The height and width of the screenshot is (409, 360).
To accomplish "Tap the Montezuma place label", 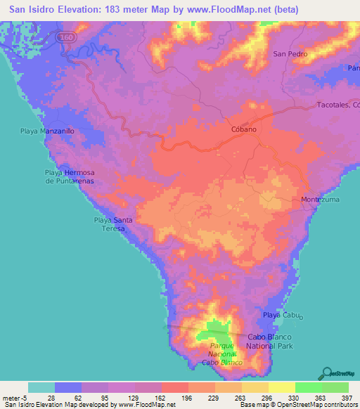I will (320, 200).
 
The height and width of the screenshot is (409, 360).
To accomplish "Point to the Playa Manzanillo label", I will (46, 131).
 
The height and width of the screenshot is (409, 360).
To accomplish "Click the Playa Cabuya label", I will (282, 316).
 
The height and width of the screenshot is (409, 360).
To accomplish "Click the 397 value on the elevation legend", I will (345, 398).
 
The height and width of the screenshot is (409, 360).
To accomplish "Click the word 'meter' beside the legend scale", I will (12, 398).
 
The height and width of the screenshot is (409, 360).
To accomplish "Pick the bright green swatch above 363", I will (309, 387).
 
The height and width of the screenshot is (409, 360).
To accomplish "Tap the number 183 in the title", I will (115, 10).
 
